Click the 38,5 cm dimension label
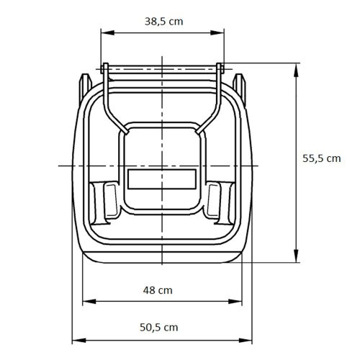(163, 22)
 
